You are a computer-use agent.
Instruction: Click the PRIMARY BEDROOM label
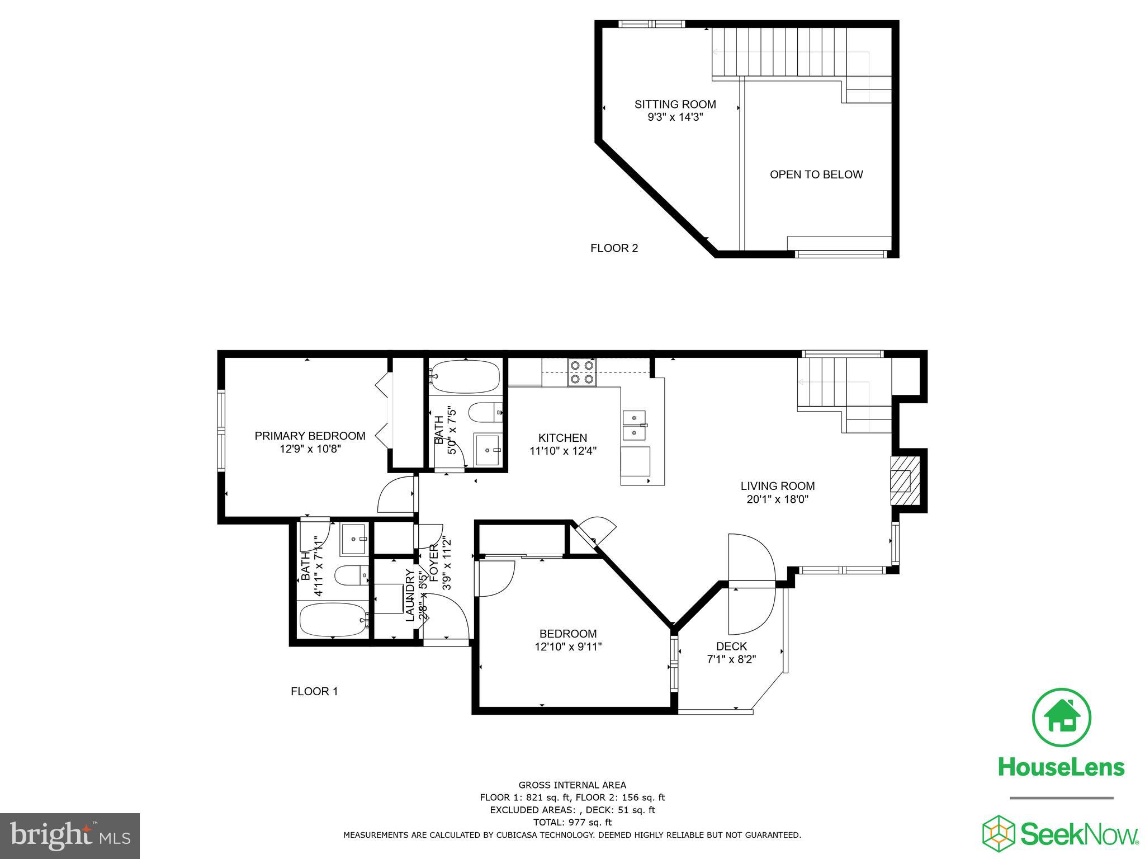point(310,436)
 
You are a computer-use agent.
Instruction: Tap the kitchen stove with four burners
point(581,372)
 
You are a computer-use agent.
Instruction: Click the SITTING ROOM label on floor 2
point(675,104)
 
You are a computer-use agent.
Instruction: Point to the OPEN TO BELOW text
point(816,174)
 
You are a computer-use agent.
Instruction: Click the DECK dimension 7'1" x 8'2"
point(731,659)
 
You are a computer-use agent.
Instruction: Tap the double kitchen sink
point(634,426)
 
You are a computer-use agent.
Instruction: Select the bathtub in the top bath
point(465,376)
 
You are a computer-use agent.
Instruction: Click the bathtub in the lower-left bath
point(333,619)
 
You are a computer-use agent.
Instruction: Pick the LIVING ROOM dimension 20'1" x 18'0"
point(777,499)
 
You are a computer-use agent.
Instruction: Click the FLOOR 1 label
point(314,691)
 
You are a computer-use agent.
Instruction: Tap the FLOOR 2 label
point(614,248)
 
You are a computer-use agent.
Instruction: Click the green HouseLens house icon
point(1061,718)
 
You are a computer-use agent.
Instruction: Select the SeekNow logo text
point(1079,834)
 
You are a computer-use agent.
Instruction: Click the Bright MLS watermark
point(70,836)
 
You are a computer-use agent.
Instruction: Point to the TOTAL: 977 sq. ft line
point(572,822)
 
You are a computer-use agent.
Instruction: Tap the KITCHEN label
point(562,438)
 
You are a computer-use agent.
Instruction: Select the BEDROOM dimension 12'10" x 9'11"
point(567,646)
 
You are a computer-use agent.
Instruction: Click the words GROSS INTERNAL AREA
point(572,785)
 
